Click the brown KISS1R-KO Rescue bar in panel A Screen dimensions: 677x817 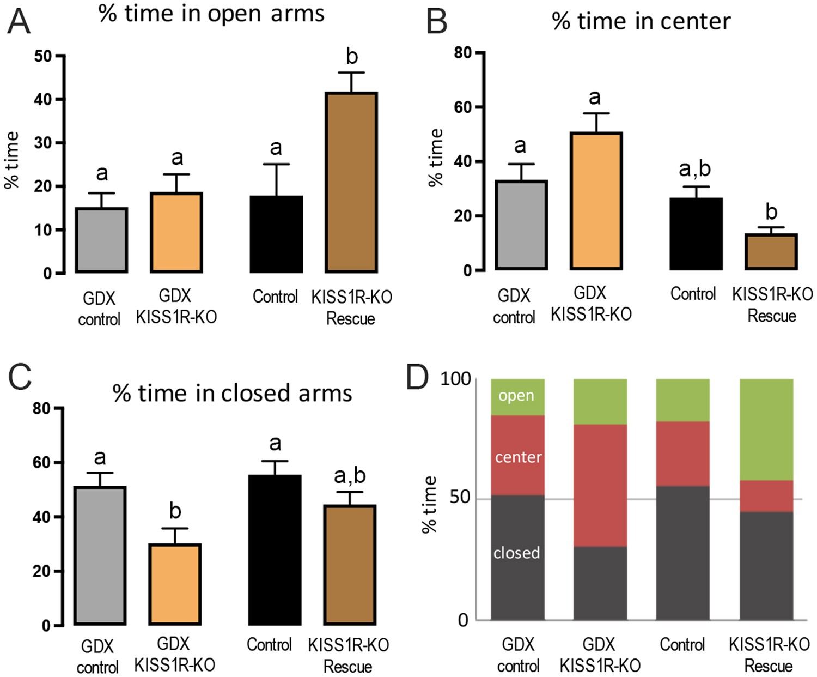351,182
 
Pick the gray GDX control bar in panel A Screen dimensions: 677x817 101,240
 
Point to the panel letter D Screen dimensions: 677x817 417,377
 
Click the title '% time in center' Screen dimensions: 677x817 641,22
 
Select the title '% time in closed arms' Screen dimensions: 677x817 233,393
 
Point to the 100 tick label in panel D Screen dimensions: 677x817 455,379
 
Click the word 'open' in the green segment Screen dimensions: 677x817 516,396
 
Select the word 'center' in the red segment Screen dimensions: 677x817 518,457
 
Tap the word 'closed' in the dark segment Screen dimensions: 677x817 516,553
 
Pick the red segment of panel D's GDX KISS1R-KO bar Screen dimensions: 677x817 600,485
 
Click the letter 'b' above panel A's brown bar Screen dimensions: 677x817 352,56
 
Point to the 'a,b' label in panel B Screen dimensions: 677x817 695,169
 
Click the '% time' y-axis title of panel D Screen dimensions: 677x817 430,504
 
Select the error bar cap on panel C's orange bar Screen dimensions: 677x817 175,528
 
